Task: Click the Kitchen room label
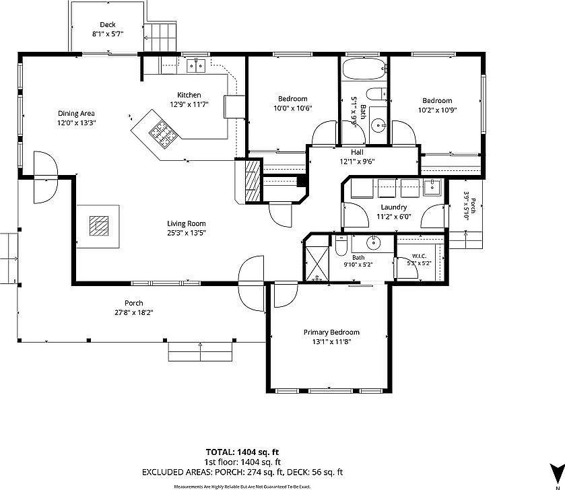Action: (x=189, y=95)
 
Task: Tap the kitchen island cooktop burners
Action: (x=164, y=135)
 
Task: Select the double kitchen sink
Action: (x=196, y=66)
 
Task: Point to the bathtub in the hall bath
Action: (x=364, y=69)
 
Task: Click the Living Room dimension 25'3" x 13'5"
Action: (x=187, y=233)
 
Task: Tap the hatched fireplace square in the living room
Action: (x=99, y=225)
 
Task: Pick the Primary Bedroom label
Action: (x=331, y=332)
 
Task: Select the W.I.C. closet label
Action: (x=419, y=256)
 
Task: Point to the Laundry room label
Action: (x=394, y=207)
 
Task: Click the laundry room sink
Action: (x=431, y=186)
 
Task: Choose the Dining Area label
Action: (x=76, y=113)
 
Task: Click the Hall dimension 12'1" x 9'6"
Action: (x=358, y=162)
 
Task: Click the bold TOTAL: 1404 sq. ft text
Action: (x=242, y=452)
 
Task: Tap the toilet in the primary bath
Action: (x=341, y=246)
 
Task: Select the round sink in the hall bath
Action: (x=378, y=125)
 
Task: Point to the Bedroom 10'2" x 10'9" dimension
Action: (x=438, y=110)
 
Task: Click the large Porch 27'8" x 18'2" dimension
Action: (x=134, y=312)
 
